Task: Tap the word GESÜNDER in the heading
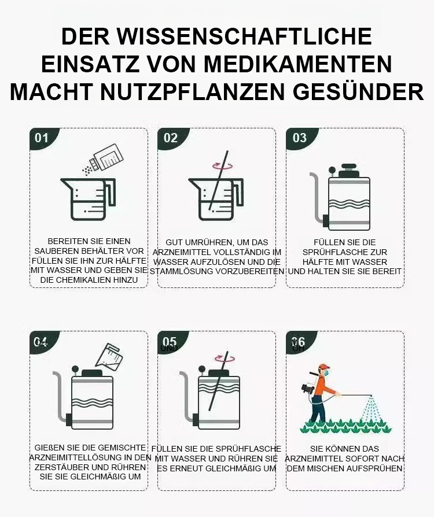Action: pos(358,91)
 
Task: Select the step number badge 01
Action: pos(42,138)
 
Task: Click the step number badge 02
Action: pos(171,138)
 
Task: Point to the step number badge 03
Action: pos(299,138)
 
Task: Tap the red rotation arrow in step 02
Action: pos(222,165)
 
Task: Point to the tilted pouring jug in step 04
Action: pos(109,356)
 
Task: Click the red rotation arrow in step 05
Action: pos(225,359)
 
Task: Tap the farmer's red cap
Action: pos(324,367)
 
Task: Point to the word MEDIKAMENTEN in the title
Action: pos(298,64)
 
